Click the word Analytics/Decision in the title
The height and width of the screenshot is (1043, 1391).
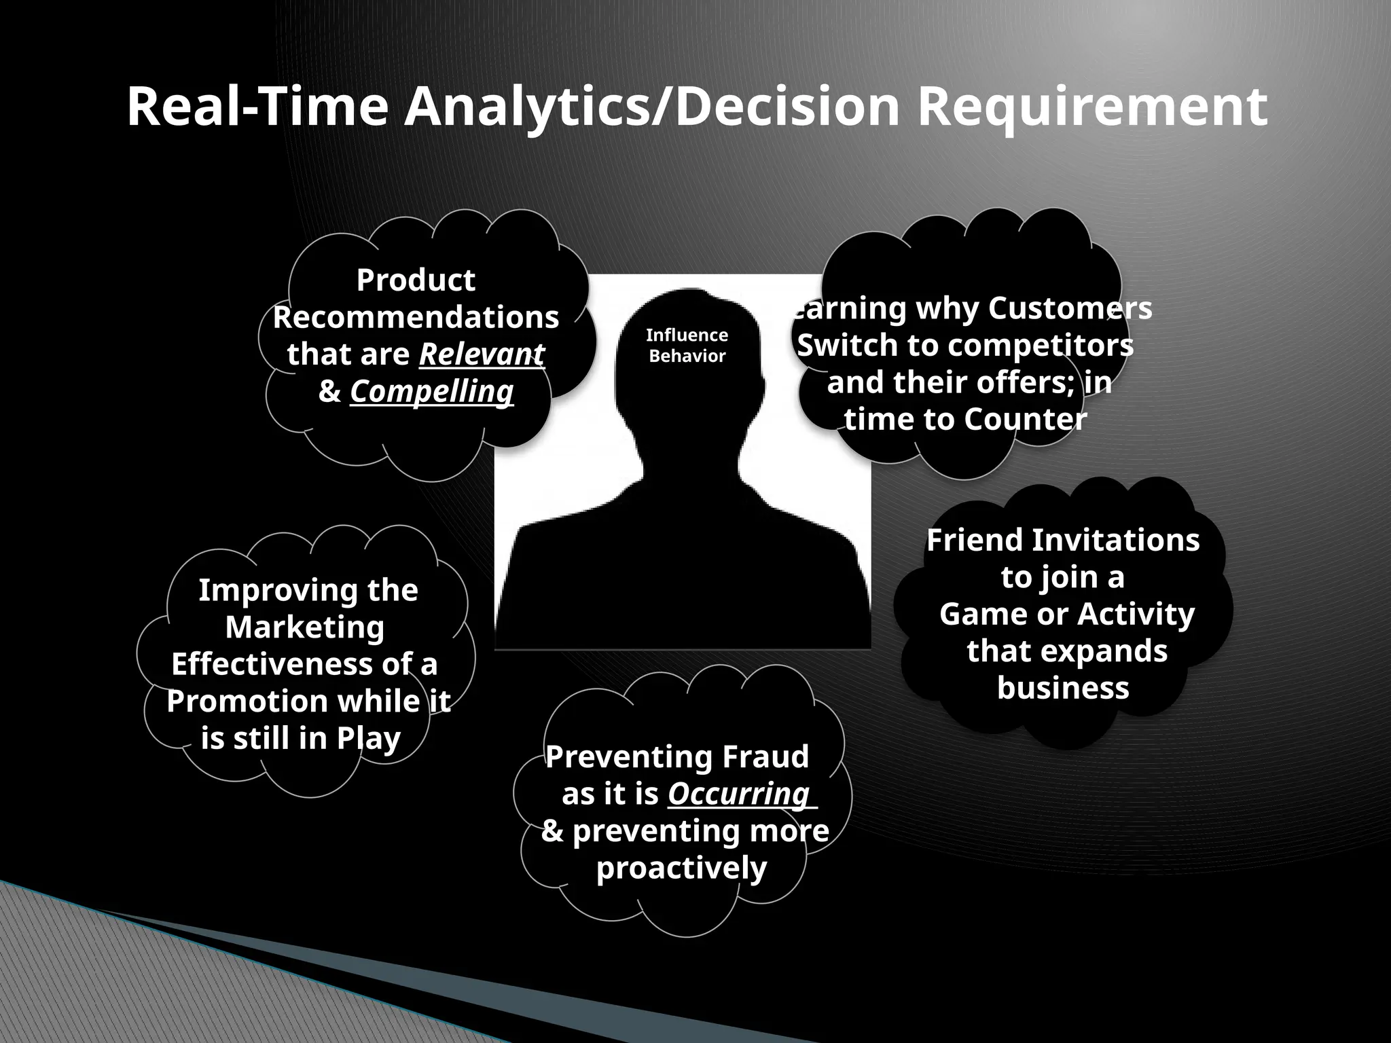tap(651, 107)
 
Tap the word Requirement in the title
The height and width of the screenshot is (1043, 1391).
tap(1092, 107)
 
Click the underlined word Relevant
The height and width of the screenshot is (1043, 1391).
tap(482, 354)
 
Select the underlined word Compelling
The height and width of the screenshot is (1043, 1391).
tap(432, 391)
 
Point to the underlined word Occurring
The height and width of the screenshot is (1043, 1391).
tap(739, 793)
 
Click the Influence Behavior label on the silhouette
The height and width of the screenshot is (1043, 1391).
tap(687, 345)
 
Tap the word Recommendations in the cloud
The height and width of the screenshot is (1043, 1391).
tap(416, 317)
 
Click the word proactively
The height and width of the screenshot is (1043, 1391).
tap(681, 867)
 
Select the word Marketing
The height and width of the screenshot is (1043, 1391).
tap(305, 627)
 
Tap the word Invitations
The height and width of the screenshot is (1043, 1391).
tap(1116, 541)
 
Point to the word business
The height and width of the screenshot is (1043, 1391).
tap(1063, 687)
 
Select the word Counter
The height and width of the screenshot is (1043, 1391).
tap(1025, 419)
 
